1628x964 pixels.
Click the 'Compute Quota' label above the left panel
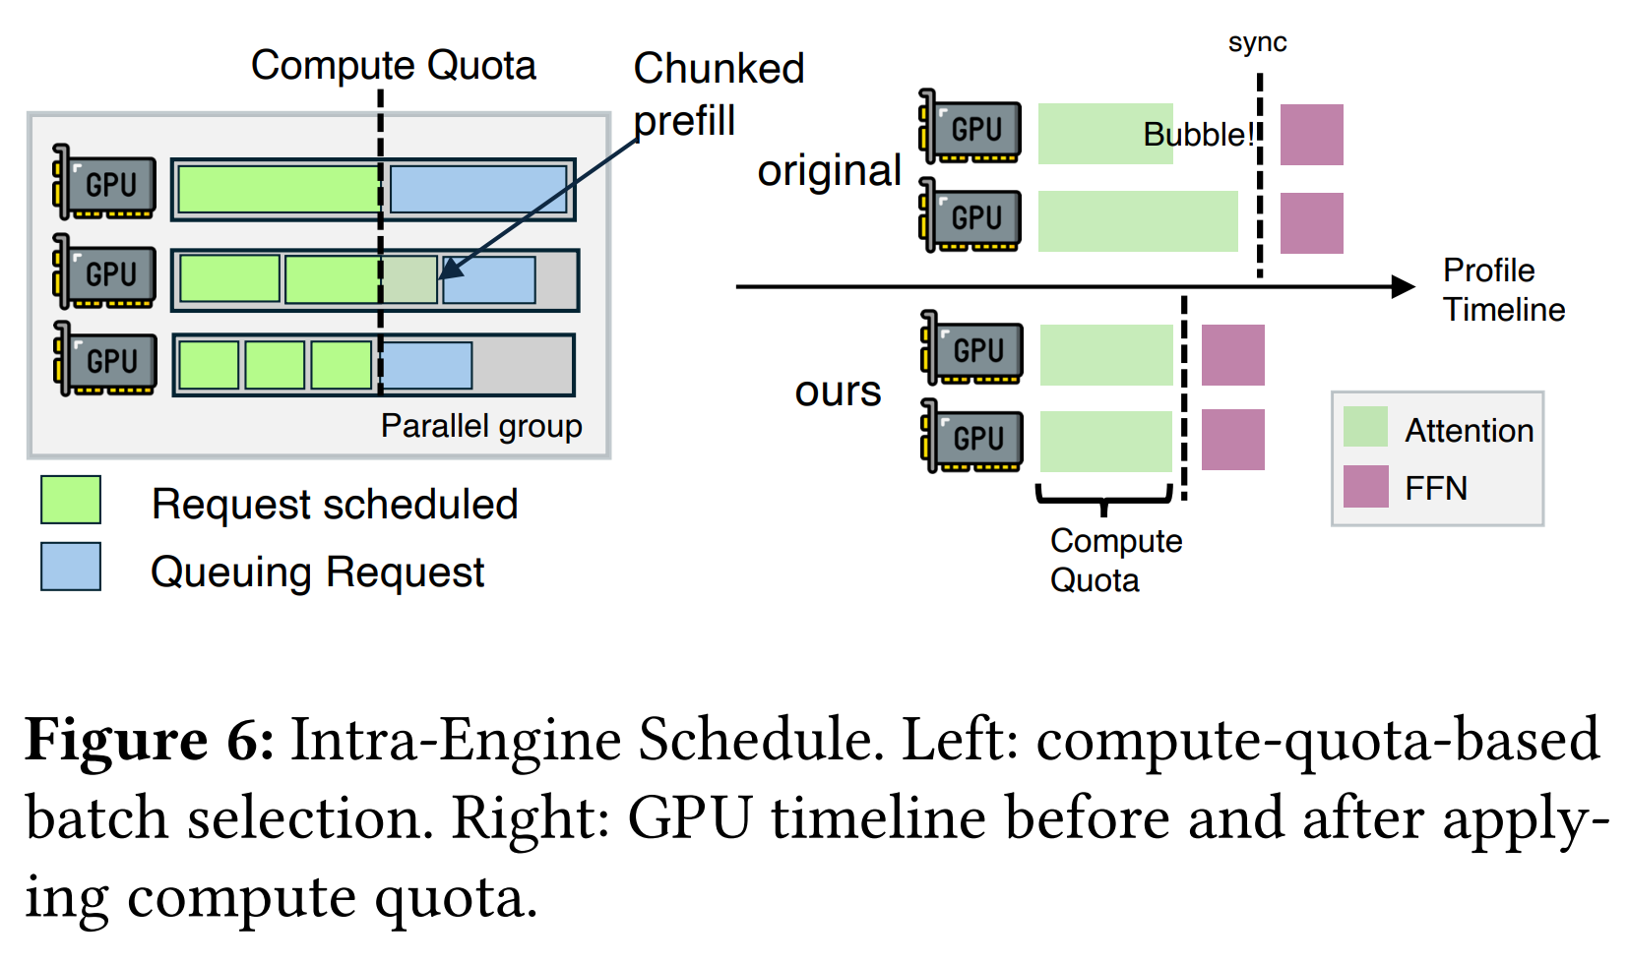coord(393,66)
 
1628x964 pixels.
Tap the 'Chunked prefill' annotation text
coord(718,94)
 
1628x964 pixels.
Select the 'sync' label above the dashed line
coord(1257,42)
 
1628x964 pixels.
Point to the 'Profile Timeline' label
coord(1502,289)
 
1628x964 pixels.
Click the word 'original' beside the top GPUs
coord(829,171)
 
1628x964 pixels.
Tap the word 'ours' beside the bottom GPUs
coord(838,392)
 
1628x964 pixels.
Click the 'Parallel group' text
coord(481,426)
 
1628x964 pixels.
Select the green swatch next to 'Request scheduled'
coord(71,500)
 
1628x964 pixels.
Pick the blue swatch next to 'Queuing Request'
coord(71,567)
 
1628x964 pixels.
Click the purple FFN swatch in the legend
coord(1365,487)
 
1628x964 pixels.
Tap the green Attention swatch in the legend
coord(1365,427)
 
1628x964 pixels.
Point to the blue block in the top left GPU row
coord(478,189)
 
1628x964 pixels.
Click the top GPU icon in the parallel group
coord(104,184)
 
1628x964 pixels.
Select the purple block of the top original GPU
coord(1311,135)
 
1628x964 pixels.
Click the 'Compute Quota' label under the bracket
coord(1114,560)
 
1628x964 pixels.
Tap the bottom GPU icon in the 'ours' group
coord(971,436)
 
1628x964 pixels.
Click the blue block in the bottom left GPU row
coord(426,366)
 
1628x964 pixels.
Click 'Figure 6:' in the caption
coord(149,740)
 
